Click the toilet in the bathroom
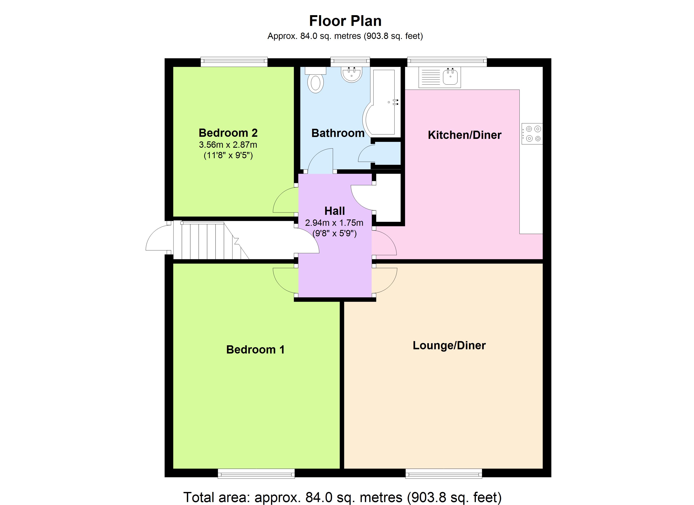315,80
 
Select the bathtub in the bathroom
381,103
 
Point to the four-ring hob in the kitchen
532,134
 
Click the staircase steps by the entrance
211,241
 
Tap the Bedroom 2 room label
228,133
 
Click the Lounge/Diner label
449,346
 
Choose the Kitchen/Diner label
465,135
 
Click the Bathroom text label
338,133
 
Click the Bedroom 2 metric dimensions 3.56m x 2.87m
228,145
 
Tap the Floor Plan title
345,21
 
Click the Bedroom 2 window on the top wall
234,62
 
